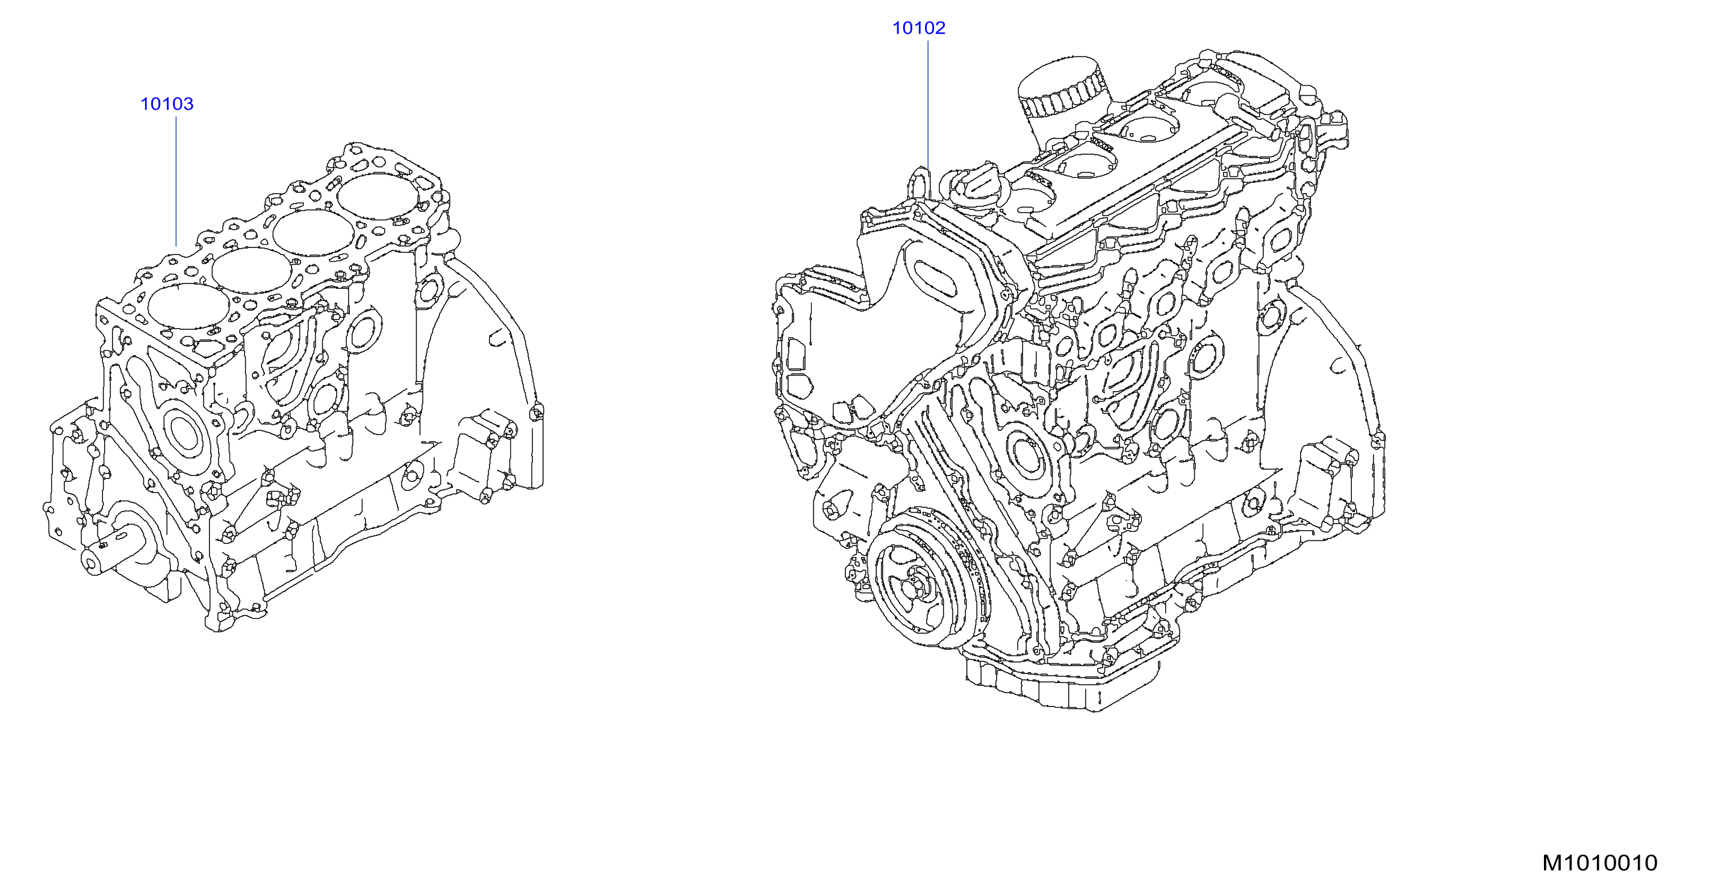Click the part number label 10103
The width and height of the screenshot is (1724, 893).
pyautogui.click(x=167, y=104)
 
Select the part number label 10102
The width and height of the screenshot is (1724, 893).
pyautogui.click(x=919, y=28)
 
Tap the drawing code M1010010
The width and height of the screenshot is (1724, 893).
pyautogui.click(x=1599, y=863)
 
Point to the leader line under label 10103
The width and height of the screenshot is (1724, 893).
pyautogui.click(x=176, y=181)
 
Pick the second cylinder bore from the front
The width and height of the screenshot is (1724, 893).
pyautogui.click(x=252, y=270)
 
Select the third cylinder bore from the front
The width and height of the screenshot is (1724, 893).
pyautogui.click(x=313, y=233)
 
